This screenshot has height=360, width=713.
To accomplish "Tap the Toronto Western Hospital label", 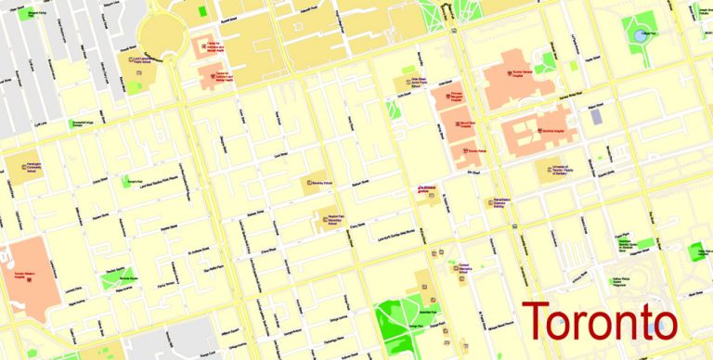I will (x=31, y=275).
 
